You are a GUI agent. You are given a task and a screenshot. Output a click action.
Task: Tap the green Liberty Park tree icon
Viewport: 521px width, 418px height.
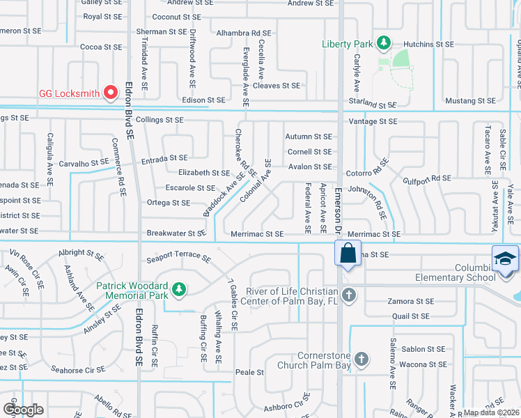[382, 44]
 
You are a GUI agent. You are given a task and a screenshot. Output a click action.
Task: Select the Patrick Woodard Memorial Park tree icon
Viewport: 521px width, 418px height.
[179, 288]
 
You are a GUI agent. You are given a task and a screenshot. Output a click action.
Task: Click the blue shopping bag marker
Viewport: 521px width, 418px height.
[348, 253]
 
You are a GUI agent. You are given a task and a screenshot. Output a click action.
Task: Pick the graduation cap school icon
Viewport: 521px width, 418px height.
[505, 258]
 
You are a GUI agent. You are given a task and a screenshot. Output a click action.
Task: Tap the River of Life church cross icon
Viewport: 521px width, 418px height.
[349, 295]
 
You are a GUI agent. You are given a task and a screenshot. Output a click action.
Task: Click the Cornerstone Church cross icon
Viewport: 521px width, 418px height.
[361, 359]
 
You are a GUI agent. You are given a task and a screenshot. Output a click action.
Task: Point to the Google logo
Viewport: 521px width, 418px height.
[24, 409]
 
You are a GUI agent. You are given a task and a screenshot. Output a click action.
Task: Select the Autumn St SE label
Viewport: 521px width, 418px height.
[309, 137]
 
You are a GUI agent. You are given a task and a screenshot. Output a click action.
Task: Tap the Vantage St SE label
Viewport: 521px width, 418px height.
[372, 121]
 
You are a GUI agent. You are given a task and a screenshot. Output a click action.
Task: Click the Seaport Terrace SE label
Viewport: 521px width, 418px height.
[178, 258]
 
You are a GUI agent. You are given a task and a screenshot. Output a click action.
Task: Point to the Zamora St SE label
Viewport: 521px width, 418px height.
[410, 302]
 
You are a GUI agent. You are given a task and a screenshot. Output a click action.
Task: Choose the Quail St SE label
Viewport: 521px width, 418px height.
[410, 316]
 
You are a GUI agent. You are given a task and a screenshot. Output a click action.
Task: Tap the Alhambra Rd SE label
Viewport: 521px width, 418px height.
[243, 33]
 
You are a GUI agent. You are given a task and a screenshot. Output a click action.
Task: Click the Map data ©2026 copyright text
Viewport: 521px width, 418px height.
[491, 412]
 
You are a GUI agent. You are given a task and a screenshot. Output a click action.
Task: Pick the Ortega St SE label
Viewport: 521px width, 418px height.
[168, 203]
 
